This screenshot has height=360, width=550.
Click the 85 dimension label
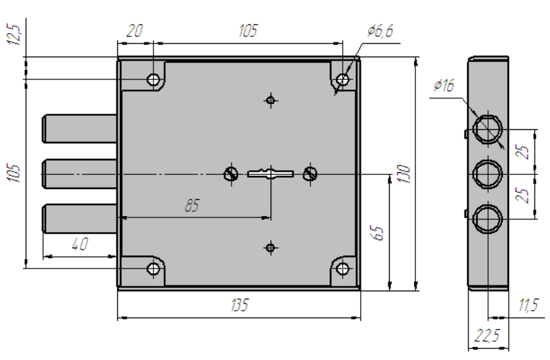tap(193, 207)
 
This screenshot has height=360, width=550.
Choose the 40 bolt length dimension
tap(79, 245)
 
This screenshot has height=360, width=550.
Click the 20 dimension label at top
tap(135, 31)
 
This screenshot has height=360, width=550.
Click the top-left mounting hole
tap(153, 80)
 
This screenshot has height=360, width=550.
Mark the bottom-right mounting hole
tap(343, 270)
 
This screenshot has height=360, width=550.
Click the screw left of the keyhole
tap(231, 174)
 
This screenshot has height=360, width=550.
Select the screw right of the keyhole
tap(310, 174)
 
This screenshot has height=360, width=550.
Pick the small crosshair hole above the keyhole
tap(271, 101)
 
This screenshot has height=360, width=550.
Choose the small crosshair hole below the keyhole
tap(271, 248)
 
